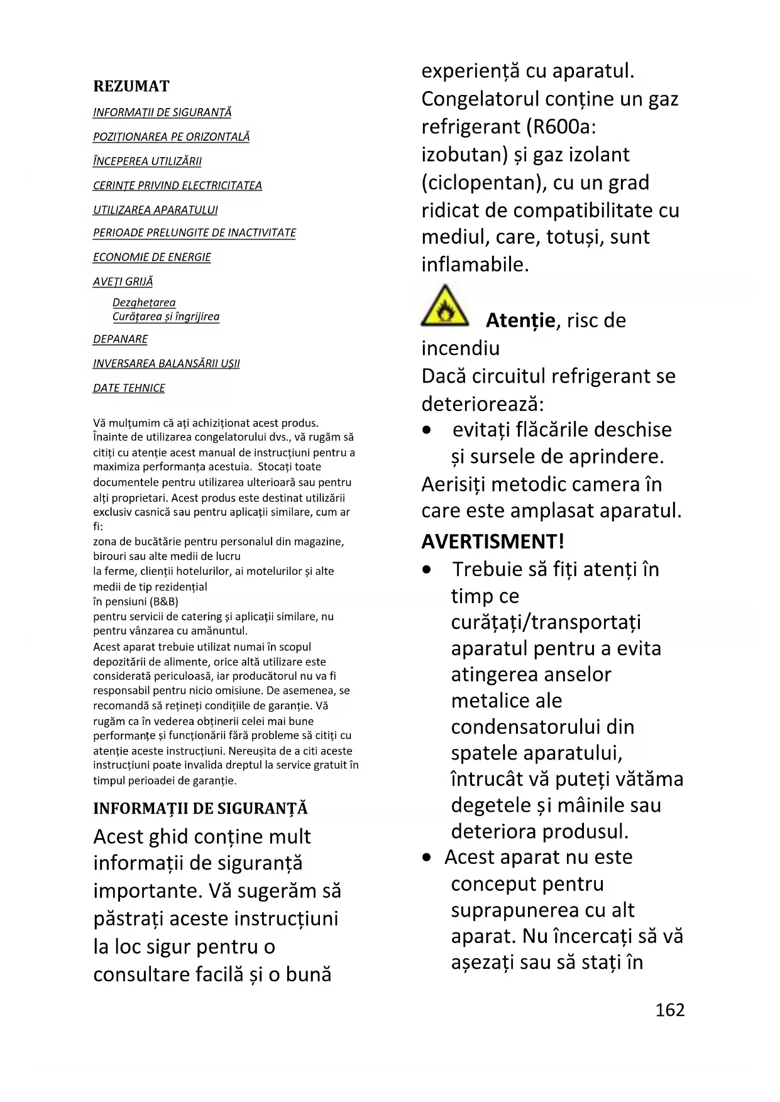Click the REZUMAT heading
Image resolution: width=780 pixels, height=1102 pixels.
click(x=131, y=86)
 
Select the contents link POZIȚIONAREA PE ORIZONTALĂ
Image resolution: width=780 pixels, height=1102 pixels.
click(x=171, y=136)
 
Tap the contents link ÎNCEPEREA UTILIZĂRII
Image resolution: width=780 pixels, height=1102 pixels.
click(x=147, y=161)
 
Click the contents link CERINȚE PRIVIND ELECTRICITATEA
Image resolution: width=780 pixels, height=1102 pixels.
click(x=177, y=185)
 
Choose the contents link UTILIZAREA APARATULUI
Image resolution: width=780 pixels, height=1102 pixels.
click(x=155, y=210)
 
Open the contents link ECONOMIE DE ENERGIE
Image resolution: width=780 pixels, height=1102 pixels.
click(x=151, y=257)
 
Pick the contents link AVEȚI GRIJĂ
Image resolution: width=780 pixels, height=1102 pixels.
click(x=123, y=281)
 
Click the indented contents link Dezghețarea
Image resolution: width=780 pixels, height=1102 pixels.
click(x=144, y=303)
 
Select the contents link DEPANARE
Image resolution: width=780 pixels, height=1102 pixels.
click(x=120, y=339)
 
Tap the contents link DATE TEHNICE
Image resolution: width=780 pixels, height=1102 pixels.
click(x=129, y=388)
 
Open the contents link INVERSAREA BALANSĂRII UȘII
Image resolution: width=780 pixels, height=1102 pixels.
click(x=166, y=363)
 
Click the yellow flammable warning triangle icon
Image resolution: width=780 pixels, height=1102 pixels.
click(x=444, y=307)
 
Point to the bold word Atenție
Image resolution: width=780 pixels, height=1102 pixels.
click(x=520, y=320)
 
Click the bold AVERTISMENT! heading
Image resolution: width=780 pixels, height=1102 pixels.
click(x=493, y=541)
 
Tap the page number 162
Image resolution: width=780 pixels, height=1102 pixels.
click(x=669, y=1010)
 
